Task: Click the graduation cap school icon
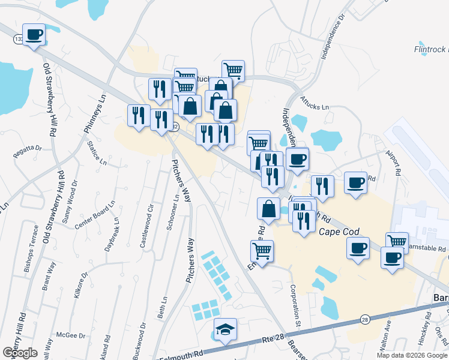pyautogui.click(x=225, y=329)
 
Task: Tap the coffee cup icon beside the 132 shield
pyautogui.click(x=34, y=34)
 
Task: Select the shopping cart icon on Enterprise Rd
pyautogui.click(x=262, y=250)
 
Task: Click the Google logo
pyautogui.click(x=20, y=353)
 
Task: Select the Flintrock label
pyautogui.click(x=431, y=49)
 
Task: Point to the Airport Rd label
pyautogui.click(x=396, y=161)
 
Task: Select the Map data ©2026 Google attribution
pyautogui.click(x=412, y=355)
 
